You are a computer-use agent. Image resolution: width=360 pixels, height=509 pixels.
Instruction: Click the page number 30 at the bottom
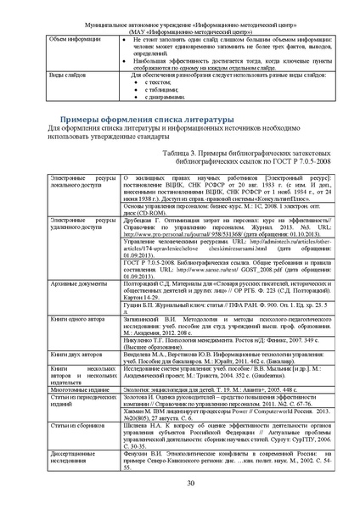[178, 483]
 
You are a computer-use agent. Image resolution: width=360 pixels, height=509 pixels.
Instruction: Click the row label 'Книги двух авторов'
[76, 350]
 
